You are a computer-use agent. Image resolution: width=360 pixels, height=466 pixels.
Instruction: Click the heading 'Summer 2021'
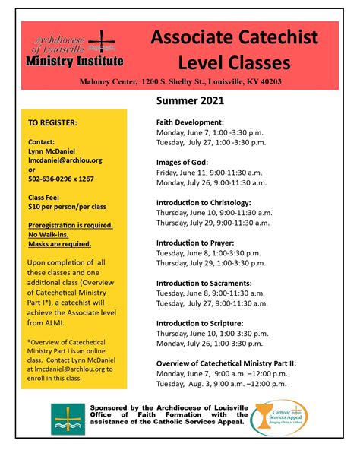pyautogui.click(x=189, y=100)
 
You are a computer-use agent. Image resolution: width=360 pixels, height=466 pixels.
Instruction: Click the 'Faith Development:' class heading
pyautogui.click(x=190, y=121)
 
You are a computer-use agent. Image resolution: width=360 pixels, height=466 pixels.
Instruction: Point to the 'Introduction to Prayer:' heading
pyautogui.click(x=195, y=243)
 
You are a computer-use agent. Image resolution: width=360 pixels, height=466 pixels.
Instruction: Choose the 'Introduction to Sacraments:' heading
pyautogui.click(x=203, y=283)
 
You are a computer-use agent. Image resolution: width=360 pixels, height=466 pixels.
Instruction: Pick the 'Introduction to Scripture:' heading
pyautogui.click(x=200, y=323)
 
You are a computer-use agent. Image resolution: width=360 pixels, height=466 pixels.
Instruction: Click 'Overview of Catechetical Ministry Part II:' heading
pyautogui.click(x=226, y=363)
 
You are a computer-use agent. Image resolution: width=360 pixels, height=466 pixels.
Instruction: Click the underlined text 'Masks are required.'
pyautogui.click(x=59, y=244)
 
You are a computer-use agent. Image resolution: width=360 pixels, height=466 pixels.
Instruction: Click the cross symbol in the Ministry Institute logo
pyautogui.click(x=102, y=41)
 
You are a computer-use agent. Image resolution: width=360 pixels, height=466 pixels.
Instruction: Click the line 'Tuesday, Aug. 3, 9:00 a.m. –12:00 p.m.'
pyautogui.click(x=226, y=385)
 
